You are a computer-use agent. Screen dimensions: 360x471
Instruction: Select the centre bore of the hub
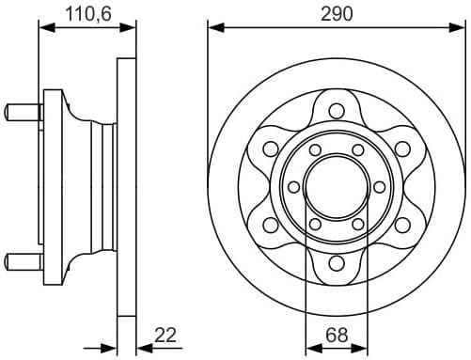337,186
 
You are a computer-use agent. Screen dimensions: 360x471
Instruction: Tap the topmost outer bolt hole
337,109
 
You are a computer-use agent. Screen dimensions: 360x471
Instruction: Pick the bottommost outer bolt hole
337,263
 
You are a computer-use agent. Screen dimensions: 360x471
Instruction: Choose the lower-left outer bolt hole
270,225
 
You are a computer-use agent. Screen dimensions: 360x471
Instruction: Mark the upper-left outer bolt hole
270,148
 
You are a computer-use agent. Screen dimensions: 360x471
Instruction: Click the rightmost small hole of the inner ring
379,186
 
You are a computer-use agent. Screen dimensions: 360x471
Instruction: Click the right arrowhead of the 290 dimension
460,28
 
